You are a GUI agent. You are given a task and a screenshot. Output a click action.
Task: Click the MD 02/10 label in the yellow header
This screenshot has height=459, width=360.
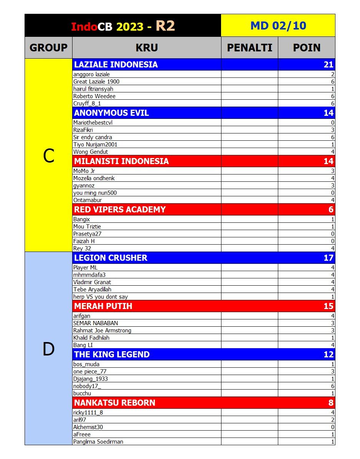tap(278, 26)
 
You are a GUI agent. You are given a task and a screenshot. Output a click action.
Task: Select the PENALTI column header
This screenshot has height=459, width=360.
tap(249, 48)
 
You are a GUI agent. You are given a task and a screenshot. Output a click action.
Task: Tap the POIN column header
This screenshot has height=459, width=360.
tap(307, 48)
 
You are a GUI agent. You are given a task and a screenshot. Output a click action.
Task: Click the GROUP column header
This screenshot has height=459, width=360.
tap(48, 48)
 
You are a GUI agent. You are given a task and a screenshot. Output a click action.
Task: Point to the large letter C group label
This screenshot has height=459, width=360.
tap(48, 156)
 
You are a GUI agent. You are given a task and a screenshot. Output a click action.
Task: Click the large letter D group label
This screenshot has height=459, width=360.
tap(48, 349)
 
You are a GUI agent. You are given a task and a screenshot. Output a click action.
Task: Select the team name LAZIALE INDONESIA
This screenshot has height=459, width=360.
tap(116, 64)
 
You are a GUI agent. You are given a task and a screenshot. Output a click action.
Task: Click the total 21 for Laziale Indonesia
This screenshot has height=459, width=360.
tap(329, 64)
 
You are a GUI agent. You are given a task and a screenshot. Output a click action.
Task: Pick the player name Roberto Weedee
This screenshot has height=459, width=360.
tap(94, 96)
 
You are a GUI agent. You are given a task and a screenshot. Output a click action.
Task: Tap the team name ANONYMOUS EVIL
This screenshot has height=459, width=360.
tap(111, 113)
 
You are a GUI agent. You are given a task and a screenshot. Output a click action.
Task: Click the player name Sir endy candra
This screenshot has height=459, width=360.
tap(92, 137)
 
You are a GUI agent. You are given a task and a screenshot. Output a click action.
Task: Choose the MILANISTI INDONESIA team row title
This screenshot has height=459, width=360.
tap(121, 161)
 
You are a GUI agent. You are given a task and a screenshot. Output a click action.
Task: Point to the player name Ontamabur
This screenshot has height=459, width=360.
tap(88, 200)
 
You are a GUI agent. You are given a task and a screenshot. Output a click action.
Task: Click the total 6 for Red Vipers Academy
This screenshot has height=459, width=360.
tap(331, 209)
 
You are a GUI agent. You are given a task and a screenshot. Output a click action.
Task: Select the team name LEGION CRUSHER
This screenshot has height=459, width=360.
tap(111, 258)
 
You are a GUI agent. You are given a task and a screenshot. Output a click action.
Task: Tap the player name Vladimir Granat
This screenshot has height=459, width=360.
tap(92, 282)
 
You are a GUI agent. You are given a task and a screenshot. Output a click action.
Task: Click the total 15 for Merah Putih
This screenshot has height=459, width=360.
tap(329, 306)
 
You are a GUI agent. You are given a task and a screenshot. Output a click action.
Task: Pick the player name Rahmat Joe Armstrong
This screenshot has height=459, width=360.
tap(102, 331)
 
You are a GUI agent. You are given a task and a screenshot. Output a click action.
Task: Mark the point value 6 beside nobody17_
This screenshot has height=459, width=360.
tap(332, 386)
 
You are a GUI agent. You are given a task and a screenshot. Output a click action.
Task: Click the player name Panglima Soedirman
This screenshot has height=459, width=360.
tap(98, 442)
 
